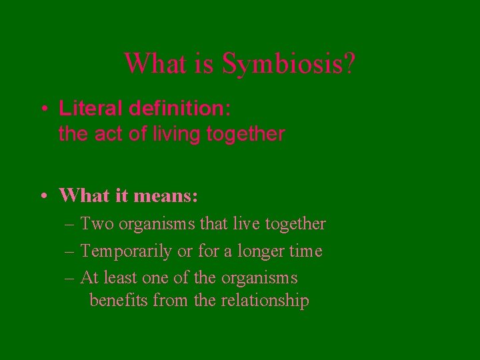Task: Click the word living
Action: tap(174, 135)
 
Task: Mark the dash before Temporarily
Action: tap(70, 251)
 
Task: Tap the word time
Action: tap(306, 251)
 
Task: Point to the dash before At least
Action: tap(70, 277)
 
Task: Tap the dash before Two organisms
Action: tap(70, 224)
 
